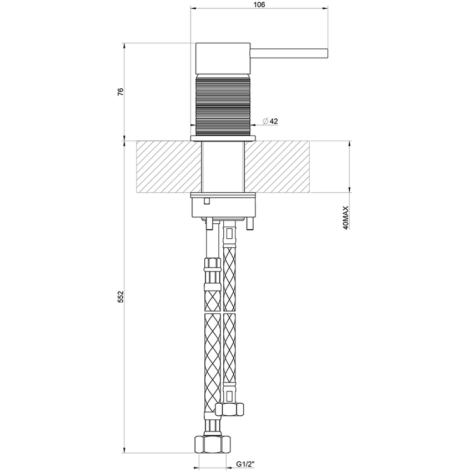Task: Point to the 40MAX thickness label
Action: (345, 218)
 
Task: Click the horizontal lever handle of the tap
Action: (289, 53)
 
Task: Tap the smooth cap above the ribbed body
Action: (223, 57)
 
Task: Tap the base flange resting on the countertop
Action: (223, 137)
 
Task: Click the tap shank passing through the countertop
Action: (223, 167)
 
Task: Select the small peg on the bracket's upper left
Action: (206, 200)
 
